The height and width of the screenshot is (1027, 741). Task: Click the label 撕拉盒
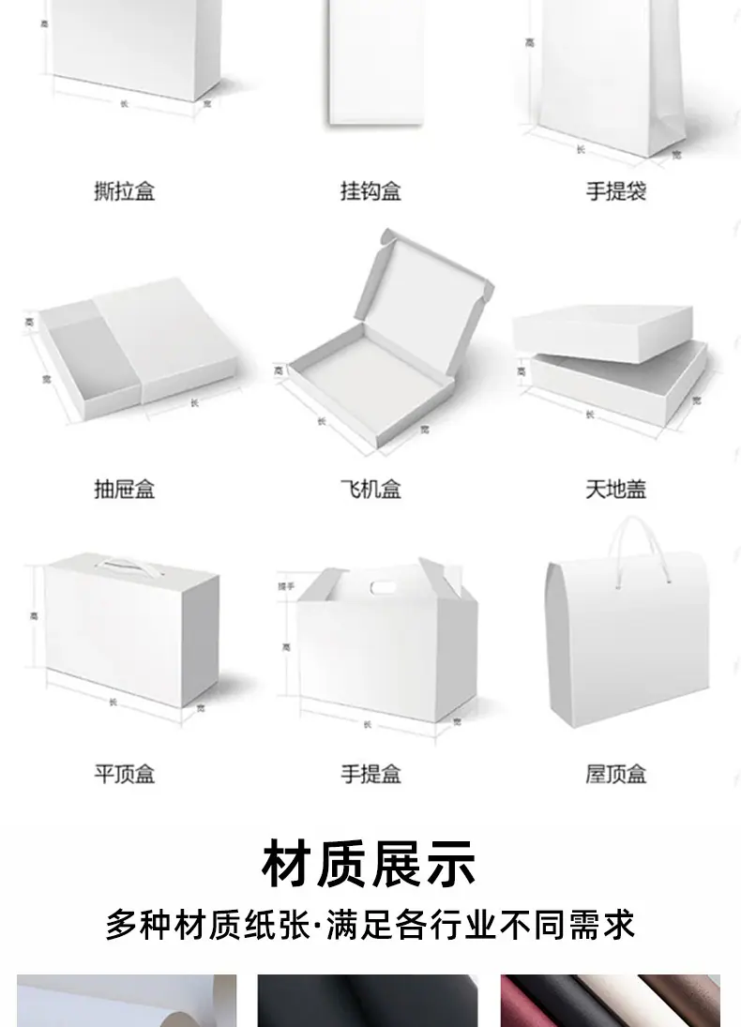point(124,191)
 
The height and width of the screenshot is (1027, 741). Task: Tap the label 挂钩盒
point(370,191)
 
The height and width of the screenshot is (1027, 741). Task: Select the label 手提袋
point(615,191)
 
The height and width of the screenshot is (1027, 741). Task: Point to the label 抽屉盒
point(124,489)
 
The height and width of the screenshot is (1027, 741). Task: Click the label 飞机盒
point(370,489)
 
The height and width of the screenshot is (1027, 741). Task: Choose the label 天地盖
point(615,489)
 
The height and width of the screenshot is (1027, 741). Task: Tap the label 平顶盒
point(124,774)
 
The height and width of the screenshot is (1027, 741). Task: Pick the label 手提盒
point(370,774)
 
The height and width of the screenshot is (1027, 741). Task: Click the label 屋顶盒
point(615,774)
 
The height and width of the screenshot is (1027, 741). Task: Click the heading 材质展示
point(370,864)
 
